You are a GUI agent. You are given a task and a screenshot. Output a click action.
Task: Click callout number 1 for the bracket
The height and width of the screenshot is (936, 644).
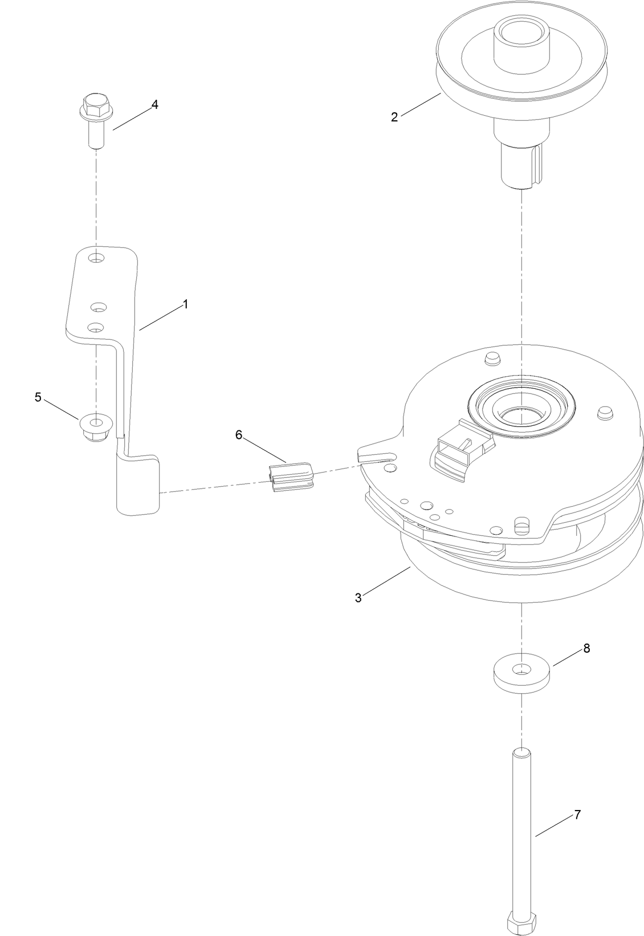click(185, 304)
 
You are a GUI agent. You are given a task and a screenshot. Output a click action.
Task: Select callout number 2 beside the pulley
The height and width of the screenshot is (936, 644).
click(394, 117)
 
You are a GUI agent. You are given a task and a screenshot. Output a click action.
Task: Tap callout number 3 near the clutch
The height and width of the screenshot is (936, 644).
click(358, 598)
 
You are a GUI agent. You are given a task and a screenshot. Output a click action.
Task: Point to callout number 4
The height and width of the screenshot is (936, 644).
click(154, 105)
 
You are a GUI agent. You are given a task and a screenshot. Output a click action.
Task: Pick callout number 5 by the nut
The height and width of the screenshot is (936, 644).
click(38, 397)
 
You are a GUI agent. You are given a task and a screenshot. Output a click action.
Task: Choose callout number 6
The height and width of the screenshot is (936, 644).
click(239, 435)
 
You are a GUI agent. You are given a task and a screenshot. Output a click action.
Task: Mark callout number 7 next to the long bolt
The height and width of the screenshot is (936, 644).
click(577, 815)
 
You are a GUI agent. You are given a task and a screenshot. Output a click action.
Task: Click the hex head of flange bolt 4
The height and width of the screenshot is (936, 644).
click(92, 105)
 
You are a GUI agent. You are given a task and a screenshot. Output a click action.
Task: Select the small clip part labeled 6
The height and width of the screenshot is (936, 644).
click(290, 477)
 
